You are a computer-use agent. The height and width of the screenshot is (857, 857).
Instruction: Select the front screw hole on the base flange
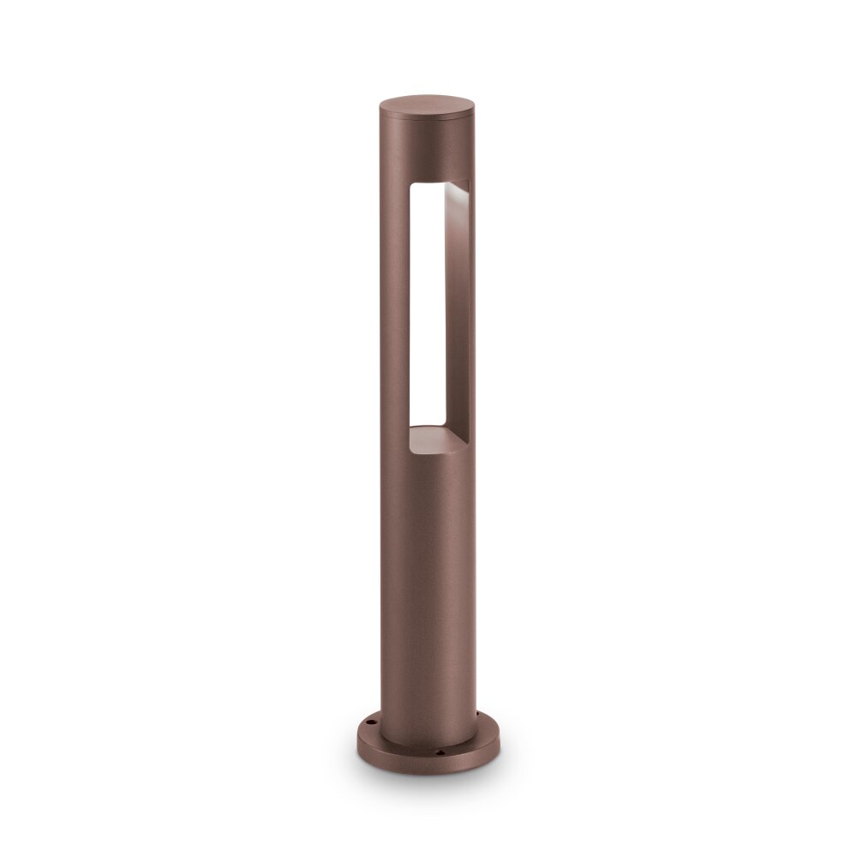pos(441,753)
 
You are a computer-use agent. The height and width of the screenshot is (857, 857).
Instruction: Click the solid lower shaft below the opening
pos(426,583)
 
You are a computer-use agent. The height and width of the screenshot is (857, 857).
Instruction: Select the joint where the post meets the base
pos(426,742)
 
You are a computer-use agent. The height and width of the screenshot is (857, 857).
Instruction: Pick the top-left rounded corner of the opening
pos(412,186)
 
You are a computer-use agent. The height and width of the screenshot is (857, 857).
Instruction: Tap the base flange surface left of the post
pos(369,734)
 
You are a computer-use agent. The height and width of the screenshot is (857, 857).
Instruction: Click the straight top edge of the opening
pos(437,181)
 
